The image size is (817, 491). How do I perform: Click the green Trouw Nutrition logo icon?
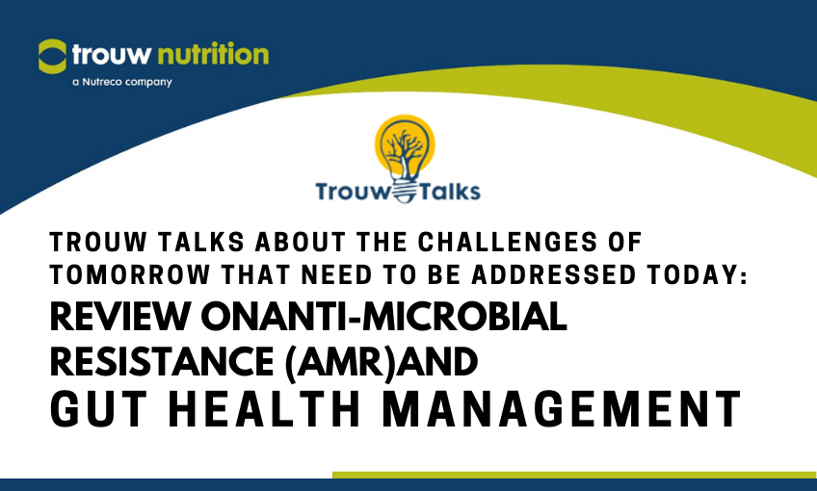52,56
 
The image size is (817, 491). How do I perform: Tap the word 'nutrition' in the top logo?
213,54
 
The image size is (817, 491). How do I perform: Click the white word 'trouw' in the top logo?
112,55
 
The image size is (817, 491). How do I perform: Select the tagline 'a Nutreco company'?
122,82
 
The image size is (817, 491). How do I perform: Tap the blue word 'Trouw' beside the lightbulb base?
353,191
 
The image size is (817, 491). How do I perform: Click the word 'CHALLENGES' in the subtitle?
507,242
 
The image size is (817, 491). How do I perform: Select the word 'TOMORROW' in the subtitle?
130,275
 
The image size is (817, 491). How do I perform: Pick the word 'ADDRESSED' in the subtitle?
554,275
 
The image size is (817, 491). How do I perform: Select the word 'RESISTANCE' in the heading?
162,361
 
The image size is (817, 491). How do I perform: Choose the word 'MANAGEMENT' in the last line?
562,409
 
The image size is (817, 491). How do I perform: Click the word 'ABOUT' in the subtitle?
301,242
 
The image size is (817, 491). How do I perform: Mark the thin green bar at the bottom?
575,475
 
